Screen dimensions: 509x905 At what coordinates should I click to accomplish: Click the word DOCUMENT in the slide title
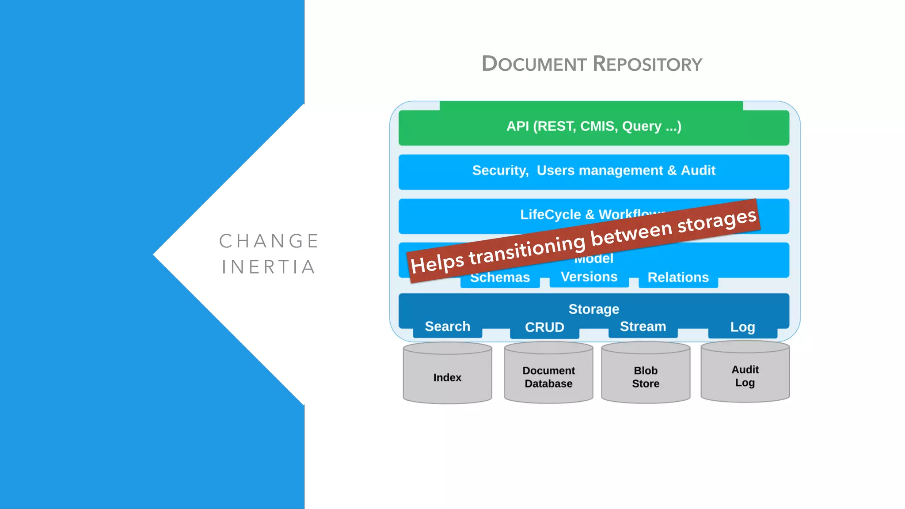(534, 64)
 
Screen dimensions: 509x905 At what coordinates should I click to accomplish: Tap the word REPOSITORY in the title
(647, 64)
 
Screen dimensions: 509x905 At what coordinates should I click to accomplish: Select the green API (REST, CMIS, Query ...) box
(593, 127)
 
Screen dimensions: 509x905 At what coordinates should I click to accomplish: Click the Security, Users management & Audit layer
(593, 171)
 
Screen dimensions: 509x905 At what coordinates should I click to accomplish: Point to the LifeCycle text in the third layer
(550, 214)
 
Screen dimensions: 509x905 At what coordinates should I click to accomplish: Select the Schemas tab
(500, 278)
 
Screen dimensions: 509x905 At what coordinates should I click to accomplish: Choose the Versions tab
(589, 277)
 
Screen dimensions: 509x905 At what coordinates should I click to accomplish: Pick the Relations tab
(678, 277)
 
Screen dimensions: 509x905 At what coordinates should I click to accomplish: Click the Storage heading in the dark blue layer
(593, 309)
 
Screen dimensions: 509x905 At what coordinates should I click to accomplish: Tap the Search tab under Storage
(447, 327)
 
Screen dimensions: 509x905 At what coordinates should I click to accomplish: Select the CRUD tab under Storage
(544, 327)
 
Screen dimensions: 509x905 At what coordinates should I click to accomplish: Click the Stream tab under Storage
(643, 327)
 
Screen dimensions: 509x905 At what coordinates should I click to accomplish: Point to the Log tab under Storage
(742, 327)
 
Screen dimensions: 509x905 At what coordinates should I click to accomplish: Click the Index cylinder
(447, 377)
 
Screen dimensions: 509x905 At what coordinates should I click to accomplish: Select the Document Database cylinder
(548, 376)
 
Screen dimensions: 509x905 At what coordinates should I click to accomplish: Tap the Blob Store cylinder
(646, 376)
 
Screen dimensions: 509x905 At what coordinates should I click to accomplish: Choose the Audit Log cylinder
(745, 376)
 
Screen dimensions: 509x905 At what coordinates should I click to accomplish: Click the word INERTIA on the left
(269, 267)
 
